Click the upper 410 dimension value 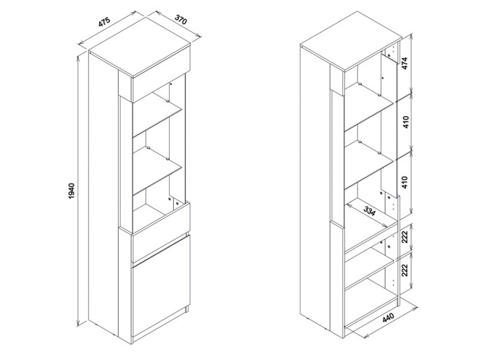[406, 124]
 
